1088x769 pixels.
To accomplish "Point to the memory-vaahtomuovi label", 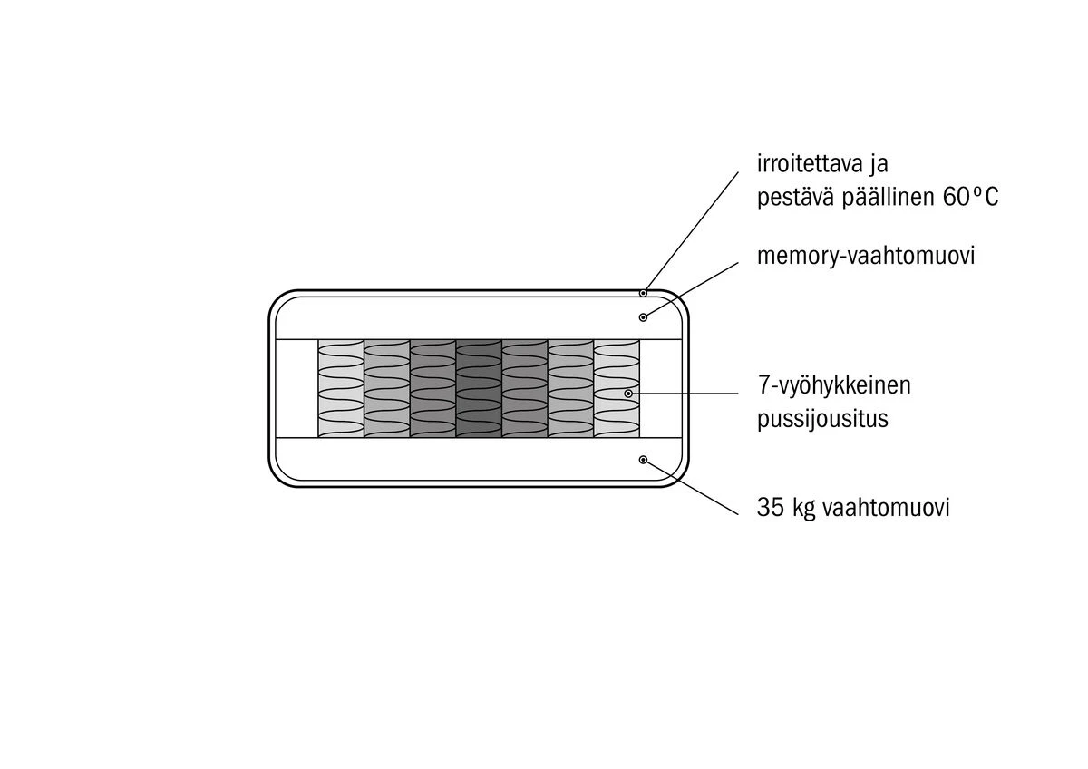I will coord(866,257).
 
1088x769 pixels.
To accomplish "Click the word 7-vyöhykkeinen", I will coord(834,386).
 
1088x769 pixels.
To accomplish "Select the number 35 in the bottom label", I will coord(770,508).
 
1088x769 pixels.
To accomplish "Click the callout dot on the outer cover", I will coord(643,292).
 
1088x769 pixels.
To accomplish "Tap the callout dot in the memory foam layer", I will coord(643,316).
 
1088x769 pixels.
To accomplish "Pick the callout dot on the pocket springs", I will coord(628,394).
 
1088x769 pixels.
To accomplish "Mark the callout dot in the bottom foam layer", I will coord(643,460).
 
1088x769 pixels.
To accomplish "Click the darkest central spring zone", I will coord(479,388).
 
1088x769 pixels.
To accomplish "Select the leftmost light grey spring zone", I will coord(341,388).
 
